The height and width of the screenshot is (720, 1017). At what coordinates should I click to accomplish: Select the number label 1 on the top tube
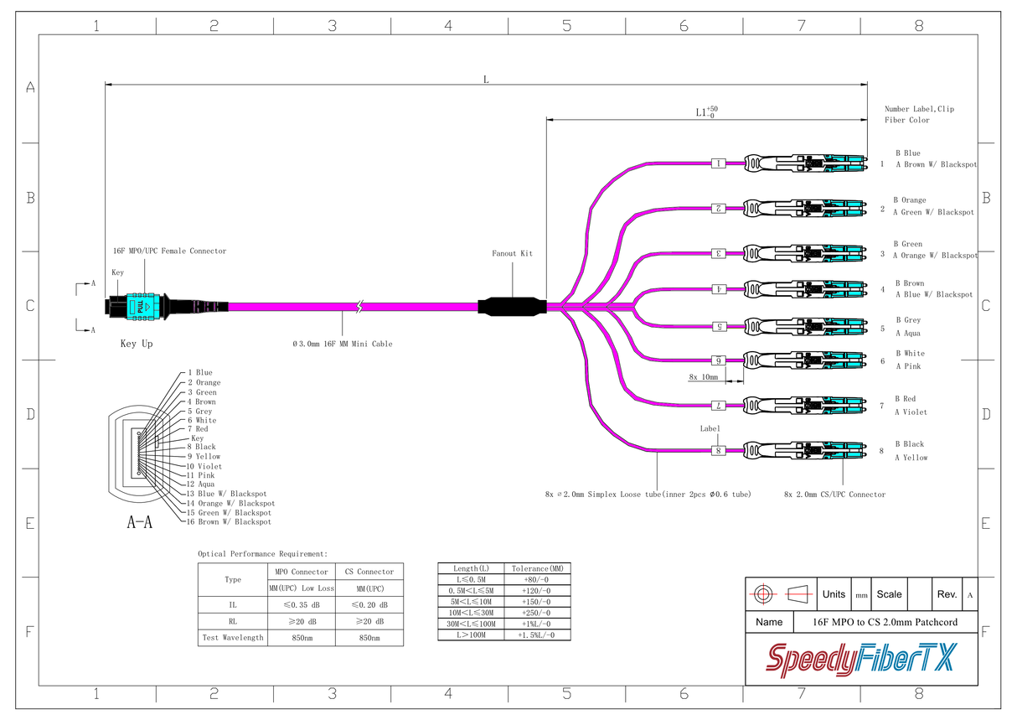tap(718, 163)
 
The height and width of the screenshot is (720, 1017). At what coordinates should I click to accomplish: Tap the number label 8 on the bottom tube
tap(718, 451)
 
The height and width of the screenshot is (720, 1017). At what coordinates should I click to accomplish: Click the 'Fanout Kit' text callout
tap(512, 253)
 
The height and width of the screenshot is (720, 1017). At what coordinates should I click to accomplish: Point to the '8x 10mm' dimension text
tap(704, 377)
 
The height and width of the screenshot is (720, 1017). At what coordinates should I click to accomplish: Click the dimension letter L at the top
tap(486, 79)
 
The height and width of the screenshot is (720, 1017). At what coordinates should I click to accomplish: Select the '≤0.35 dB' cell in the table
tap(300, 604)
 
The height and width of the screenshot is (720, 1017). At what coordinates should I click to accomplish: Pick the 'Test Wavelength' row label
tap(233, 638)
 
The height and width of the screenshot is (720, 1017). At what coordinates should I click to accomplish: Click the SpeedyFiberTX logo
tap(861, 660)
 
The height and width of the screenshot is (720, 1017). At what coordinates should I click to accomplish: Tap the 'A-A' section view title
tap(140, 523)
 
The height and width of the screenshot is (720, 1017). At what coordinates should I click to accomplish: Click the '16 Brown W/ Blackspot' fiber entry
tap(229, 522)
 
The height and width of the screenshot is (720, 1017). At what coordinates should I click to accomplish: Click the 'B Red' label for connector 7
tap(905, 399)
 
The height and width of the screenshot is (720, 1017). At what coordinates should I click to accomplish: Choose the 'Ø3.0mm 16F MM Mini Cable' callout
tap(342, 344)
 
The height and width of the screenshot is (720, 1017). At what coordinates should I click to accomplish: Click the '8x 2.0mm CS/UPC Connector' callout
tap(834, 495)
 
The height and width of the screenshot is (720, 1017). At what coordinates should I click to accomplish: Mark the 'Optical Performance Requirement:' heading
tap(262, 554)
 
